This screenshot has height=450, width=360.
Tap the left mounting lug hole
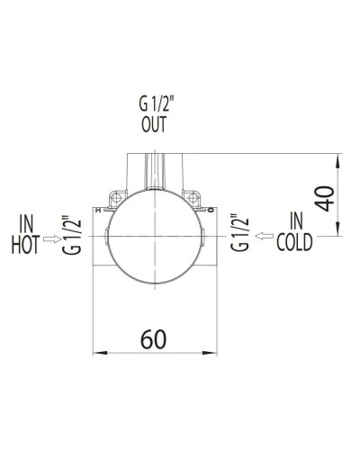point(114,193)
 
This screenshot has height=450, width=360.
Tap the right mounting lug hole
point(193,193)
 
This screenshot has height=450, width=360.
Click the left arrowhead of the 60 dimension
point(101,352)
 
